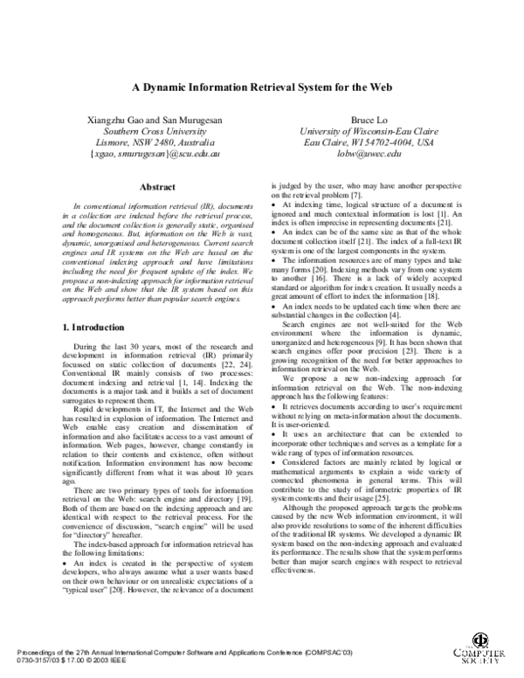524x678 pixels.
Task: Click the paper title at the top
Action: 262,87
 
